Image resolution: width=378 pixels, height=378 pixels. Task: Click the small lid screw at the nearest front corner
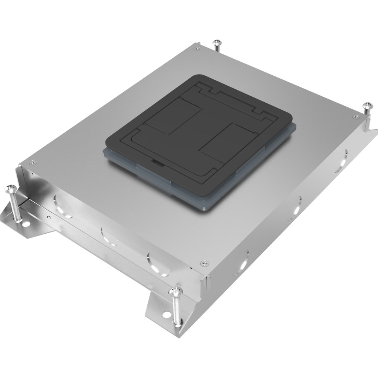[204, 263]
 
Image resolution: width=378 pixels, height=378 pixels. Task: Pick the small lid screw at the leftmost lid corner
[32, 162]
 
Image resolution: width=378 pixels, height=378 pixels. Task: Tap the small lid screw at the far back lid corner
[197, 48]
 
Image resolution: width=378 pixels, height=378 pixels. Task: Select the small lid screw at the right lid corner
[356, 117]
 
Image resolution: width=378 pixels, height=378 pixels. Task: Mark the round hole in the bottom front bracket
[166, 315]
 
